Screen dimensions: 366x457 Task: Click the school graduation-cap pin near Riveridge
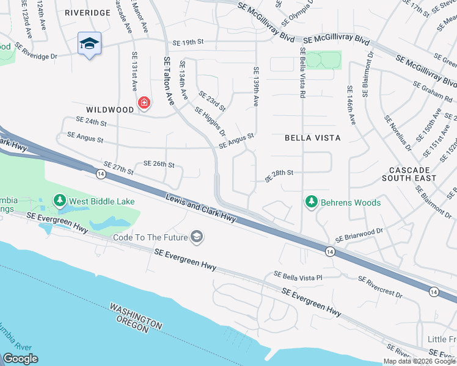pos(89,44)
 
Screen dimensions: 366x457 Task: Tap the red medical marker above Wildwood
pos(144,102)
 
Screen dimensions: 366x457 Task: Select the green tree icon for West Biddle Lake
pos(59,200)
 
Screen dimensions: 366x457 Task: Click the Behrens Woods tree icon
pos(312,202)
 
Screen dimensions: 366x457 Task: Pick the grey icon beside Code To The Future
pos(197,237)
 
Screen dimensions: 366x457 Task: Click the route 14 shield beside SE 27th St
pos(99,174)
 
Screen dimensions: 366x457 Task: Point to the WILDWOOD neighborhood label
pos(110,110)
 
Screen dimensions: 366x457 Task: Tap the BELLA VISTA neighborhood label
pos(313,138)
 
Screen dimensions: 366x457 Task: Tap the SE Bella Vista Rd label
pos(302,72)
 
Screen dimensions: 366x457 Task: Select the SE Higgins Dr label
pos(210,121)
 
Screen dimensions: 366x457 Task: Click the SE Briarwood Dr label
pos(359,235)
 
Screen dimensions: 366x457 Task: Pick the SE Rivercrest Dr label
pos(380,287)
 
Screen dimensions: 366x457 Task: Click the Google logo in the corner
pos(20,359)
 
